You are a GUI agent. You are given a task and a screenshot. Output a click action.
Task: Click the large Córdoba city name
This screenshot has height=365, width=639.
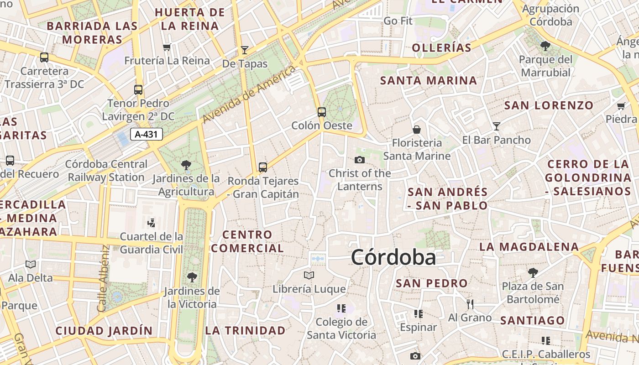(x=393, y=258)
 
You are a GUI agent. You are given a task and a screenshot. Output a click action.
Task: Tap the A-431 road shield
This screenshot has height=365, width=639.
(x=146, y=134)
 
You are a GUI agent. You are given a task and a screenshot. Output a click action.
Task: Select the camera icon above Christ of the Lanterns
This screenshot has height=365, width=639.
(x=360, y=160)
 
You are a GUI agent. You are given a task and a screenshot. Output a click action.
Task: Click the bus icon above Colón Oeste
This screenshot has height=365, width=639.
(x=322, y=112)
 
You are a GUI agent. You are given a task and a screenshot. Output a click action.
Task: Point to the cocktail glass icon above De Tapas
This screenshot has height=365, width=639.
(x=245, y=50)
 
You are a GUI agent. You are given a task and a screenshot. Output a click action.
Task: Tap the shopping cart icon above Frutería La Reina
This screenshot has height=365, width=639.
(x=167, y=47)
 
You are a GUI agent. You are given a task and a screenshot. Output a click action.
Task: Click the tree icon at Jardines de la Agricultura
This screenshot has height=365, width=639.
(x=186, y=165)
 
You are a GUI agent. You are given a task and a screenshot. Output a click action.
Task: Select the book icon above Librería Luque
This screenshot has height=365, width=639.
(x=309, y=275)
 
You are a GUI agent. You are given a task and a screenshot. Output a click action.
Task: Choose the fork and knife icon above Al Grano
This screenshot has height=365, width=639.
(x=470, y=304)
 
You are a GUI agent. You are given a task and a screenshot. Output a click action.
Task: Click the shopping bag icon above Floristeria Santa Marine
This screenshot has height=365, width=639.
(x=416, y=130)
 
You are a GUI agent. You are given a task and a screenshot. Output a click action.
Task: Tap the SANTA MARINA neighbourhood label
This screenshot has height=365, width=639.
(x=428, y=81)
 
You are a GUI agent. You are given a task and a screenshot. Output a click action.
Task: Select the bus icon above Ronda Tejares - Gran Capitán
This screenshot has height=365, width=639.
(x=263, y=167)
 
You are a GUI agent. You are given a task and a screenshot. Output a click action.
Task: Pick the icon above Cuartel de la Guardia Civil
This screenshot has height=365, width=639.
(x=151, y=223)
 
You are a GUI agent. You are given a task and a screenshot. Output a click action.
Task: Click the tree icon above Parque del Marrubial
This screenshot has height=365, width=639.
(x=545, y=46)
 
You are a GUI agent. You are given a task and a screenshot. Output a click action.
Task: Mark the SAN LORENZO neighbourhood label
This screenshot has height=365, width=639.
(x=549, y=105)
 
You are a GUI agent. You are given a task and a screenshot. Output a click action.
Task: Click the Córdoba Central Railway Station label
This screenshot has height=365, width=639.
(x=106, y=171)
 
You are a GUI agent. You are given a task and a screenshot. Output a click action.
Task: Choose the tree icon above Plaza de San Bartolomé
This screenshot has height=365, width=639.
(x=533, y=273)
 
